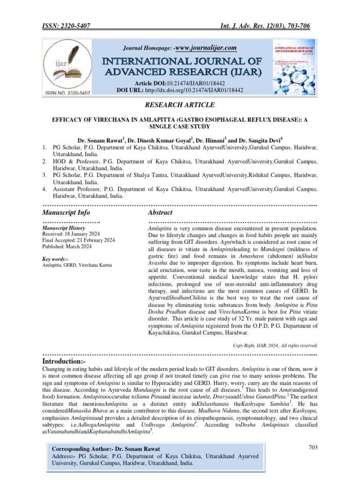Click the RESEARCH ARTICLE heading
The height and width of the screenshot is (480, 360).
[180, 105]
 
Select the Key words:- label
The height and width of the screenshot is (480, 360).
[55, 259]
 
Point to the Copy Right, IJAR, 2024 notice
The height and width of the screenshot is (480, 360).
[275, 345]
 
